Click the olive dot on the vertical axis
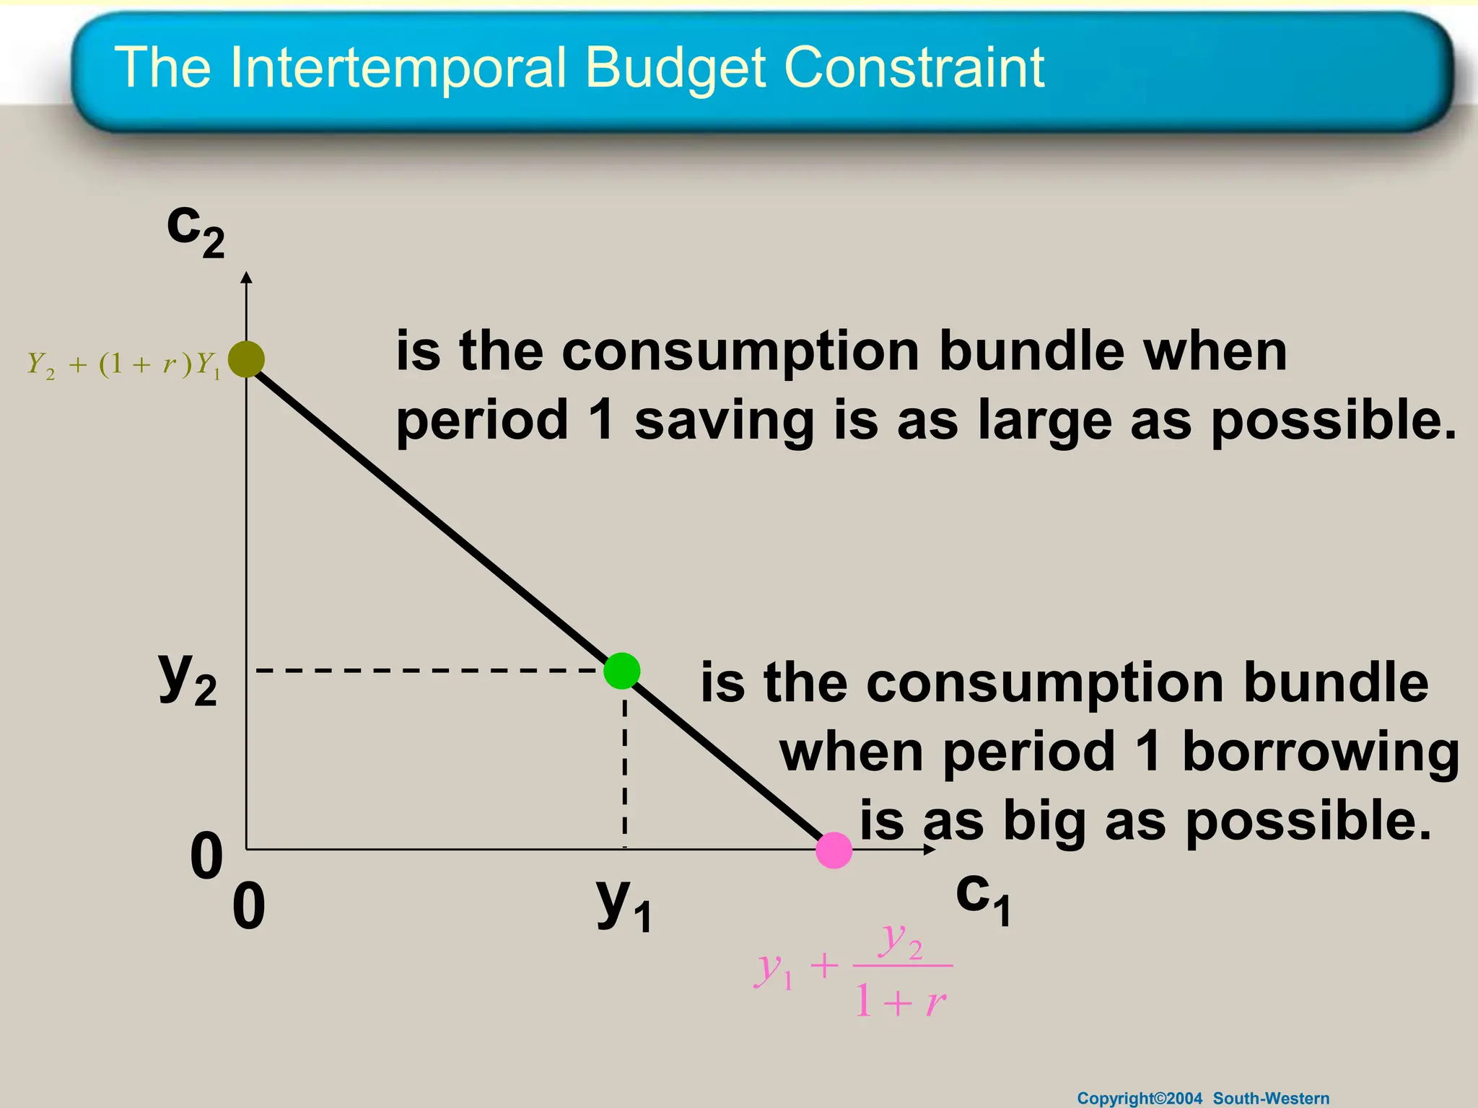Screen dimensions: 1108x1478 point(246,359)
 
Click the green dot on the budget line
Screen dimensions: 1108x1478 point(621,671)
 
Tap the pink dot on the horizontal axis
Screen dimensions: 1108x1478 point(834,850)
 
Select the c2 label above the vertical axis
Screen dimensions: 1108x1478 point(195,229)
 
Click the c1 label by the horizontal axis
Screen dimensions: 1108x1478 point(983,898)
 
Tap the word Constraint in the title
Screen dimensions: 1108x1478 point(914,68)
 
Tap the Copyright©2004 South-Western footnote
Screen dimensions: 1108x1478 point(1203,1098)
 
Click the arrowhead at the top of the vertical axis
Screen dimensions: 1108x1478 point(247,278)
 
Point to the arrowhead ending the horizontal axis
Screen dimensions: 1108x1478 point(930,850)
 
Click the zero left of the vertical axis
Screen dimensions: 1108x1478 point(206,856)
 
